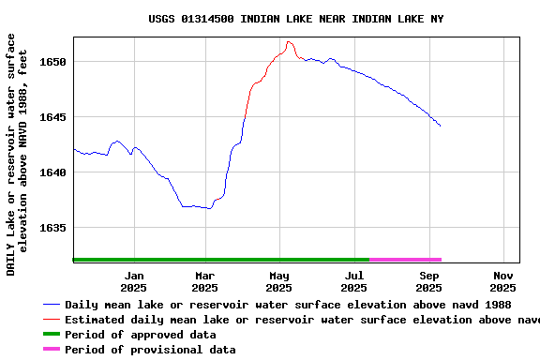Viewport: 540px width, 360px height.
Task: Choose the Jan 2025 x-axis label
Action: click(133, 281)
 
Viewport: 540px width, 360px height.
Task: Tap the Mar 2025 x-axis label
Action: click(205, 281)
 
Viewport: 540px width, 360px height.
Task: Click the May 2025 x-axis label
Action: click(279, 281)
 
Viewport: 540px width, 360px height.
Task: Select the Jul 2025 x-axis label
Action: click(354, 281)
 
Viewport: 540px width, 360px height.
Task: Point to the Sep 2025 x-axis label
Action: click(429, 281)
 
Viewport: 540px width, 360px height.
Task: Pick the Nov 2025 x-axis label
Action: click(503, 281)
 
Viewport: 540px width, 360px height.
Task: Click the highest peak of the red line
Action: click(289, 41)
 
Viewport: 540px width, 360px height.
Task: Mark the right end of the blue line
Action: click(440, 126)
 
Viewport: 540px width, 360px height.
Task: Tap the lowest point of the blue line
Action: click(210, 208)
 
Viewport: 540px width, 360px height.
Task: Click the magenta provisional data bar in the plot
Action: click(405, 260)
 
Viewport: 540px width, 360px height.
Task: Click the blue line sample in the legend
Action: click(52, 305)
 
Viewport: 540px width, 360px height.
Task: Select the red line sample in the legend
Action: click(52, 320)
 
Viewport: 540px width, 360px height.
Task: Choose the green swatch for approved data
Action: click(52, 335)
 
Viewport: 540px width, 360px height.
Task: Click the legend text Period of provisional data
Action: click(150, 350)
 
